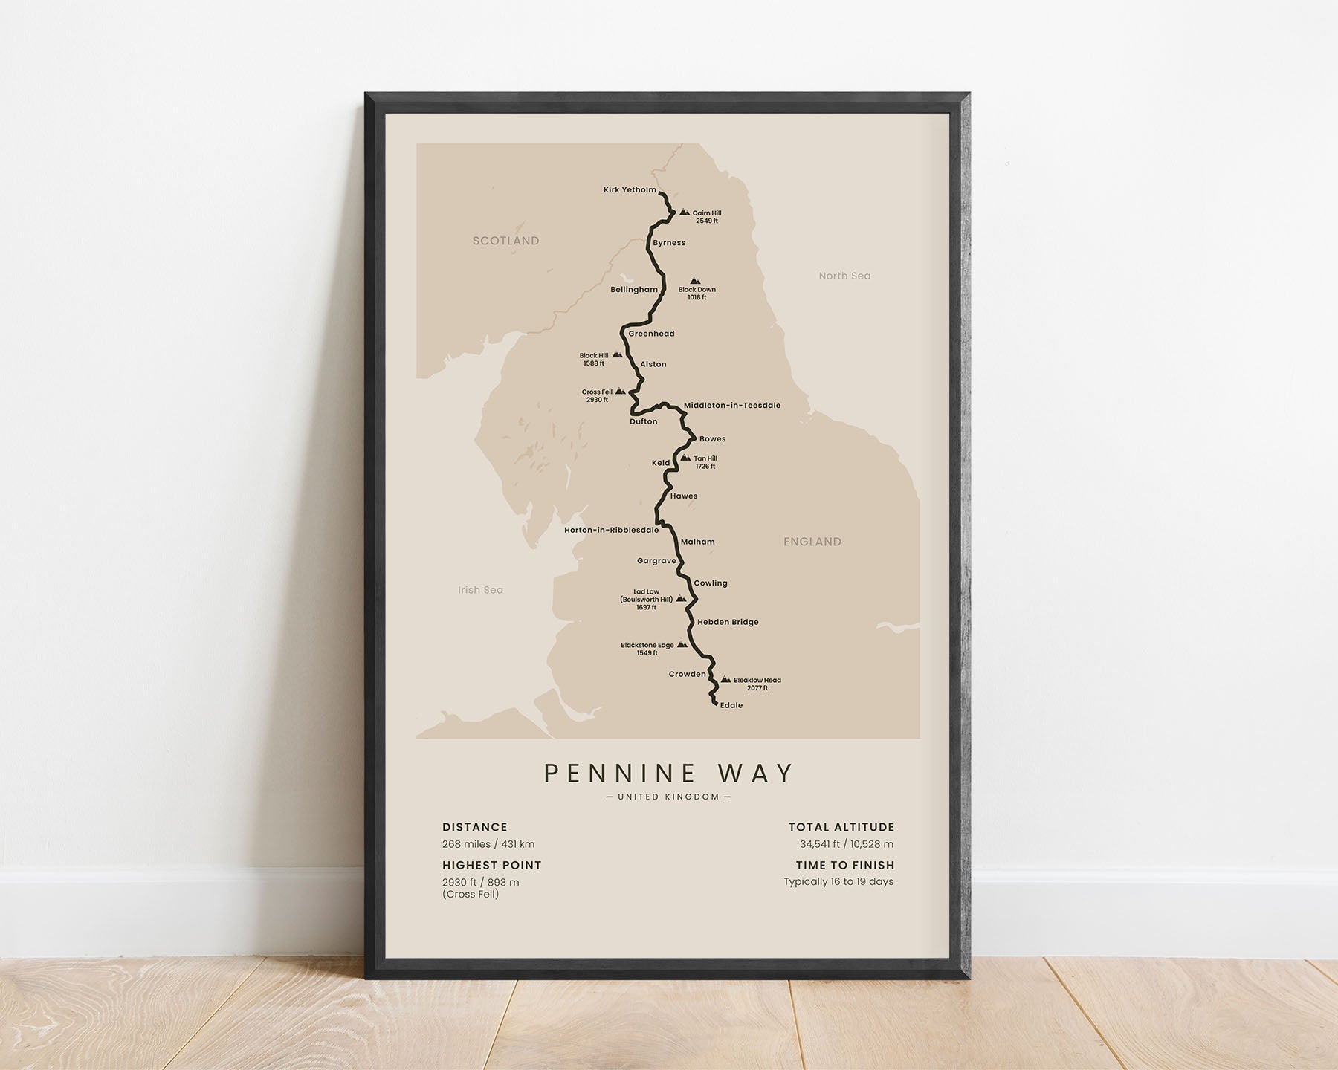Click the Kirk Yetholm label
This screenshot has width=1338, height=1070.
point(630,190)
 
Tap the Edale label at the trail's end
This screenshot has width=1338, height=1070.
point(731,705)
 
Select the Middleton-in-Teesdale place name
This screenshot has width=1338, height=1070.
point(731,406)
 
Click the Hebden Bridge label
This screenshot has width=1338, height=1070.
point(728,622)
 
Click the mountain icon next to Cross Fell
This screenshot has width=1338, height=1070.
point(620,391)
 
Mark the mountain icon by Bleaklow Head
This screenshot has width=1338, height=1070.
point(725,679)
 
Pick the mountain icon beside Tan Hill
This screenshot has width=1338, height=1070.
point(685,458)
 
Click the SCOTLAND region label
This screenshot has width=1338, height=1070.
point(505,241)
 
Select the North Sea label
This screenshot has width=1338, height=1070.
point(844,276)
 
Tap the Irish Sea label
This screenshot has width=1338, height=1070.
point(480,590)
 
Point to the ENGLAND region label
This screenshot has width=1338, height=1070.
point(812,542)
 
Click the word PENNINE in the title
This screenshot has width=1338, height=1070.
point(619,774)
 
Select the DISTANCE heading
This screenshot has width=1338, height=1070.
point(475,827)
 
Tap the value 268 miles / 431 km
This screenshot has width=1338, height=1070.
point(488,844)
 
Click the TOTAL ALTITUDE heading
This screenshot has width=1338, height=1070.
point(841,827)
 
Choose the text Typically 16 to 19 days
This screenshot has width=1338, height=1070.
point(838,882)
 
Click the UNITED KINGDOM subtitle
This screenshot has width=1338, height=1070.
point(669,797)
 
